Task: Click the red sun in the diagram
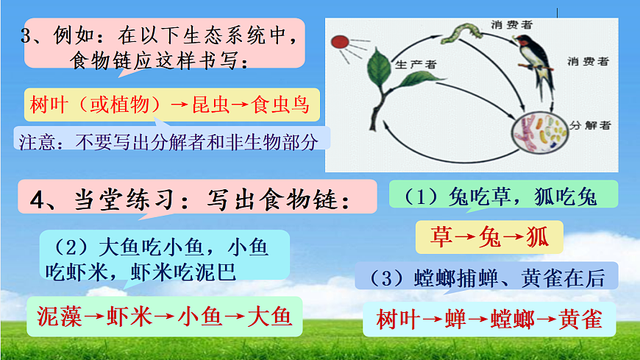click(339, 43)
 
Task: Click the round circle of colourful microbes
click(540, 133)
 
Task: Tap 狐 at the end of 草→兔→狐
click(536, 237)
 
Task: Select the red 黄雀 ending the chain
click(580, 319)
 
